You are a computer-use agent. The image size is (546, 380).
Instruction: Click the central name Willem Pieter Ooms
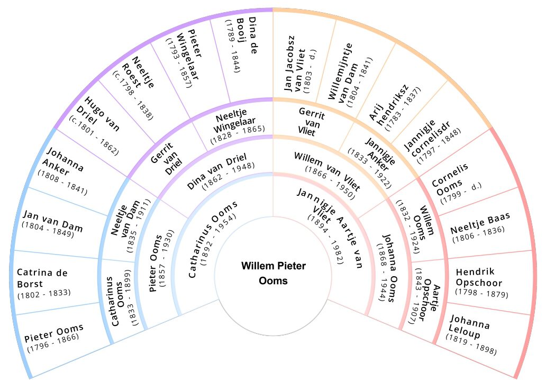click(274, 274)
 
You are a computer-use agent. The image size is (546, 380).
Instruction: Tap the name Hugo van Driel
click(98, 115)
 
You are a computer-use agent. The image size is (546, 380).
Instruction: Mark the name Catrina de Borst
click(42, 278)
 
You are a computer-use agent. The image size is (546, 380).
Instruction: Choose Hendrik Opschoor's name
click(479, 277)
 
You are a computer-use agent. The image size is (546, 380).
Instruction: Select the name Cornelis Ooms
click(450, 180)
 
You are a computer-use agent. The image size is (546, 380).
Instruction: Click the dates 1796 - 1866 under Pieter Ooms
click(53, 343)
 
